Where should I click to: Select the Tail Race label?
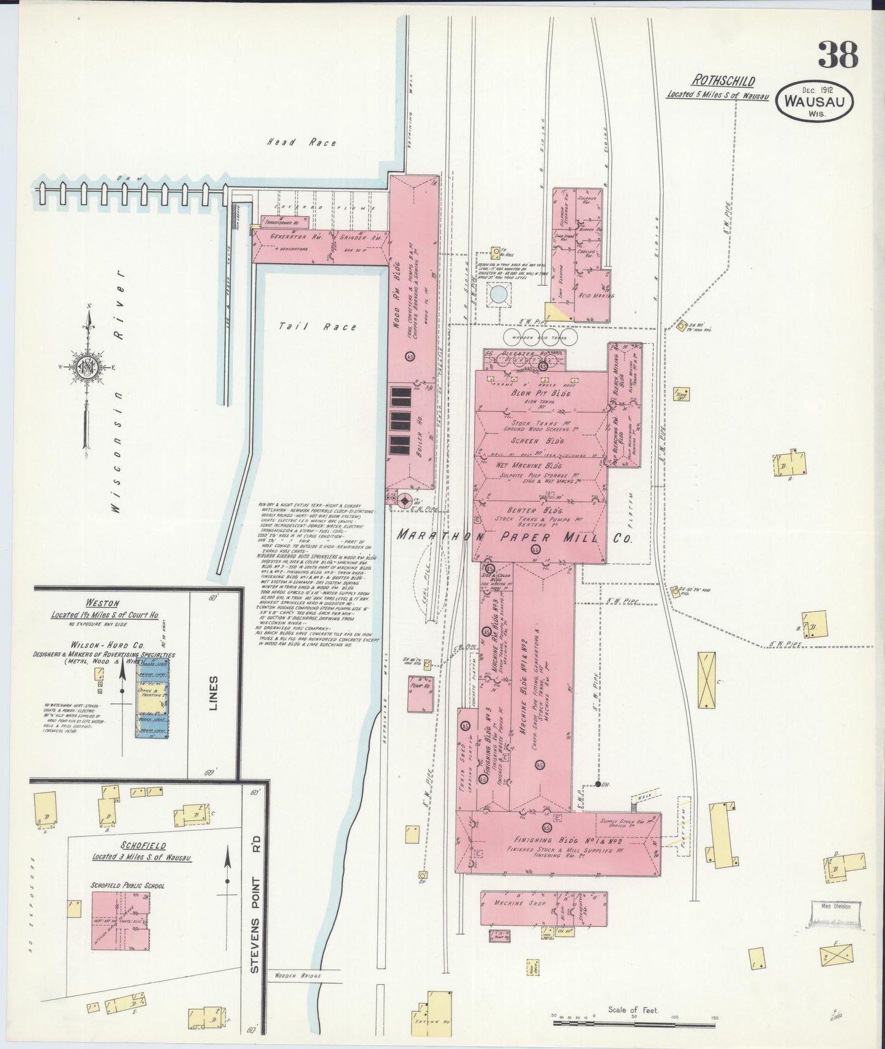coord(317,327)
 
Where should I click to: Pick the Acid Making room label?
coord(587,296)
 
